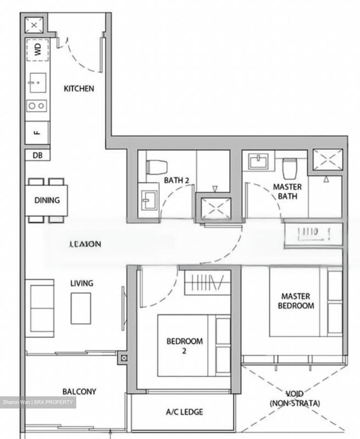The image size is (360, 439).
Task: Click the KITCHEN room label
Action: (79, 89)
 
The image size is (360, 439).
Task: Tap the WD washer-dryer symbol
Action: (37, 50)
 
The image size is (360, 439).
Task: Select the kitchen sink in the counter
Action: (38, 82)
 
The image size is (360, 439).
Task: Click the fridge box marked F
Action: (37, 133)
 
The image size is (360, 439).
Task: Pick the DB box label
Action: (38, 155)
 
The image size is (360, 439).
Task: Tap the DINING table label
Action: (47, 200)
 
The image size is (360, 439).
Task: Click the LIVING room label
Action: (82, 283)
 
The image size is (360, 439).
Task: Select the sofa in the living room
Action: (40, 308)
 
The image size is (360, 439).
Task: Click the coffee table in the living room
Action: (81, 308)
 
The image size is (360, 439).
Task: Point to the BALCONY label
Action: (79, 391)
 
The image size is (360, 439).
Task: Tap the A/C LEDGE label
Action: (184, 412)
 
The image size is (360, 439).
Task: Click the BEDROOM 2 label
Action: (184, 345)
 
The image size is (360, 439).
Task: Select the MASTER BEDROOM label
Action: (296, 301)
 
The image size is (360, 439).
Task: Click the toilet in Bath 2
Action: (157, 166)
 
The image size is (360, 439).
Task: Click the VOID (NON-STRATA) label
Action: (295, 399)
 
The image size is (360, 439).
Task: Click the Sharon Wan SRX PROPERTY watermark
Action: (38, 402)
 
